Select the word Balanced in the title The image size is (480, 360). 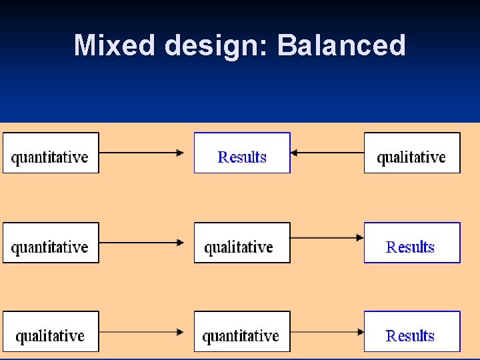(341, 46)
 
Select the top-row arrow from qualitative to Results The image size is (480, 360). (327, 153)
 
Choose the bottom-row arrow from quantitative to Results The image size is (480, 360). (327, 331)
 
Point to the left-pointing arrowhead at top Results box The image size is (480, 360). (295, 153)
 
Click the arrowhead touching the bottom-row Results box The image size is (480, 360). (360, 331)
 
